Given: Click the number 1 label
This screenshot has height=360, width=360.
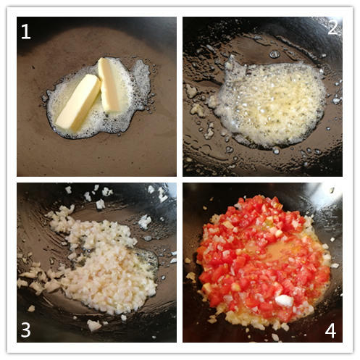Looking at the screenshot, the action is click(x=26, y=32).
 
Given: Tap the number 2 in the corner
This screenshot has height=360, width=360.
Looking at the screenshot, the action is click(x=332, y=28).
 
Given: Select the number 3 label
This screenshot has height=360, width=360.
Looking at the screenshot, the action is click(x=26, y=330).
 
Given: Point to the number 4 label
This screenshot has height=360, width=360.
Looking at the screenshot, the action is click(x=330, y=330).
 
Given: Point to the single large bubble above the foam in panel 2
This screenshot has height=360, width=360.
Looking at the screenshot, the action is click(x=275, y=54).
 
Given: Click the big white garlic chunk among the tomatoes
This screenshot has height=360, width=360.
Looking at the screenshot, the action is click(x=285, y=301).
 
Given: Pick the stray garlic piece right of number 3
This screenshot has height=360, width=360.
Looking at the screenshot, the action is click(x=93, y=325).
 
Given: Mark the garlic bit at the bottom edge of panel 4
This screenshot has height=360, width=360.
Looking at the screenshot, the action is click(x=275, y=337).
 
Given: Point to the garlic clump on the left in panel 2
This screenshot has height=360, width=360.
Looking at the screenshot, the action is click(x=191, y=91).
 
